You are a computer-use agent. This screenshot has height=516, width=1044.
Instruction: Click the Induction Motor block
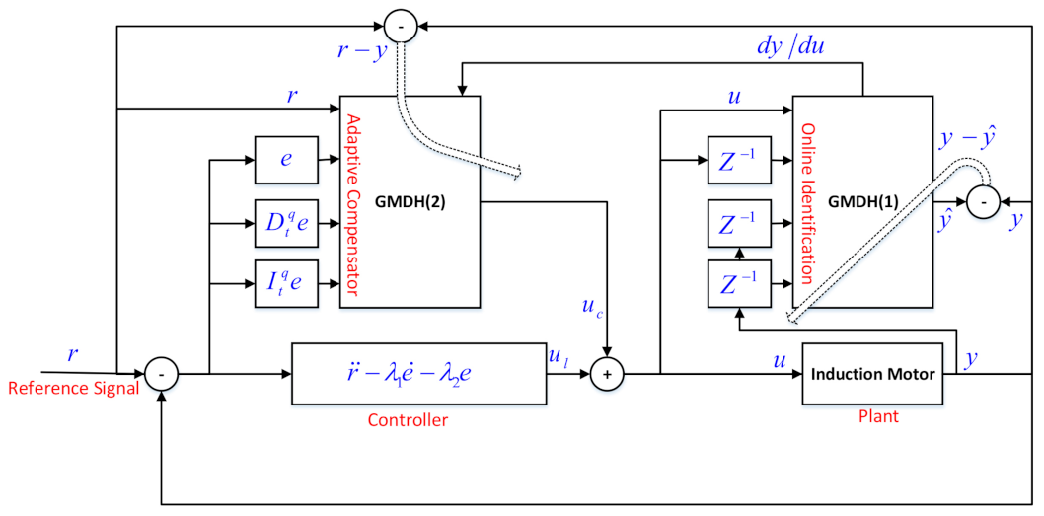[859, 375]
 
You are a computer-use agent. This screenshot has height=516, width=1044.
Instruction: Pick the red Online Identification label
[806, 203]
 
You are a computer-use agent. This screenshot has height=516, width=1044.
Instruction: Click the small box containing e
[284, 157]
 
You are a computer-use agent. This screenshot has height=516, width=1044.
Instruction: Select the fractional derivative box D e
[284, 223]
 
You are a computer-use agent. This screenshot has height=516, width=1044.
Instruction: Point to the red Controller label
[408, 420]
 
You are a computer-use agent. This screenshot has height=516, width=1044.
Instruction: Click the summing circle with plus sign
[608, 374]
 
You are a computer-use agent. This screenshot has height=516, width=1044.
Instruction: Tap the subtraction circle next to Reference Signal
[161, 374]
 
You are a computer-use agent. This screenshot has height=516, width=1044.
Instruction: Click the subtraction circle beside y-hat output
[982, 201]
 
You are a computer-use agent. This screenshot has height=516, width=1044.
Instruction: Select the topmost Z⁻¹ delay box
[738, 159]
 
